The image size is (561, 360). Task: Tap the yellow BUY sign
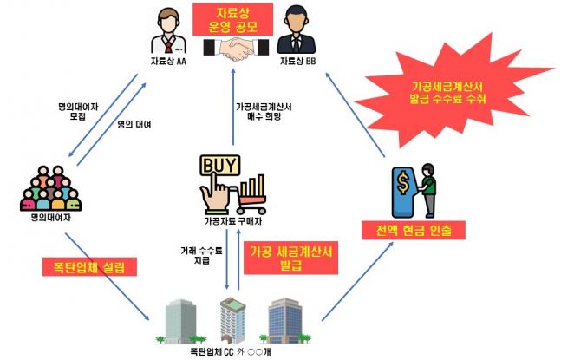(x=217, y=165)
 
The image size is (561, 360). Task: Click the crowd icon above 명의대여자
(x=50, y=192)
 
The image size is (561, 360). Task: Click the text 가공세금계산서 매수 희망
(x=264, y=113)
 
